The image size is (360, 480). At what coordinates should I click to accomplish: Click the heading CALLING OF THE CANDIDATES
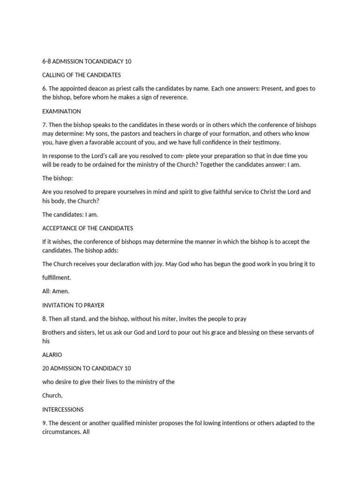(x=82, y=75)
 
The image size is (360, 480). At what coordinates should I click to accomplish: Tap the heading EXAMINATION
(x=61, y=112)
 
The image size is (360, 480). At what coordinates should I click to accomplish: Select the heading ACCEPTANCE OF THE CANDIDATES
(x=88, y=228)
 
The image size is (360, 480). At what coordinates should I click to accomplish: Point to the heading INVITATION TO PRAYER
(x=73, y=305)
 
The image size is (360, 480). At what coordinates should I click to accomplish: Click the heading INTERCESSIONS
(x=63, y=409)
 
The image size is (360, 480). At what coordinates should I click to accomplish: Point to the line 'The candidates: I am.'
(x=70, y=215)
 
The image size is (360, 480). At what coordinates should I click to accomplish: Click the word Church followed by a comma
(x=52, y=396)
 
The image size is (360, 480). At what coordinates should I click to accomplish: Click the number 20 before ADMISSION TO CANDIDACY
(x=46, y=368)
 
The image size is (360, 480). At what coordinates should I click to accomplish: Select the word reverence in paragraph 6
(x=172, y=97)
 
